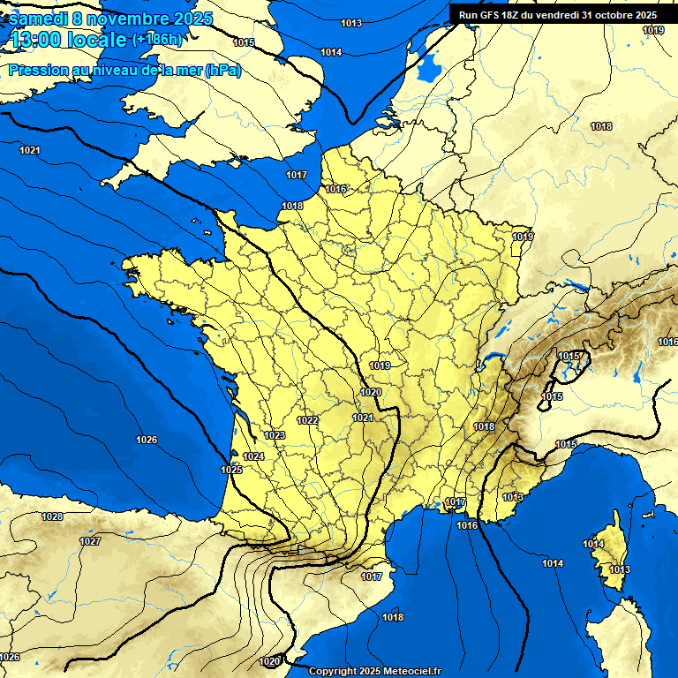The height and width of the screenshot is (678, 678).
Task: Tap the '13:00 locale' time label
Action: click(66, 40)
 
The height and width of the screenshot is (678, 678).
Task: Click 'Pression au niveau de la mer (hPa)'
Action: click(124, 71)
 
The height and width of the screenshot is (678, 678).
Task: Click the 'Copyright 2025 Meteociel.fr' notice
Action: click(374, 671)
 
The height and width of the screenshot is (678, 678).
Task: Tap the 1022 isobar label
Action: click(307, 420)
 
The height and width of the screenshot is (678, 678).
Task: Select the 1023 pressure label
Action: click(275, 435)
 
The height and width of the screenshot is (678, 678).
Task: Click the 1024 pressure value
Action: click(253, 456)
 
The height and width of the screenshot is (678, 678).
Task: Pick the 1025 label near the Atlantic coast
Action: click(231, 470)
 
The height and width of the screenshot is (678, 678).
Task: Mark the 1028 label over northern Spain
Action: click(52, 516)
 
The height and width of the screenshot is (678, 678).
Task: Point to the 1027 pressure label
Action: click(90, 541)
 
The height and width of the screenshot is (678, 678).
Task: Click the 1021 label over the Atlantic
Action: click(30, 150)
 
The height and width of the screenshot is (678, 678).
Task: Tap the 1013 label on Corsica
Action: click(620, 569)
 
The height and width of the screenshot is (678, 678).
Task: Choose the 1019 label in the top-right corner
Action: click(653, 30)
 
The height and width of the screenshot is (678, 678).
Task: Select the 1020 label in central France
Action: click(371, 392)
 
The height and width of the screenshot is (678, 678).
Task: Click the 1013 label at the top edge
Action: click(350, 23)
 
